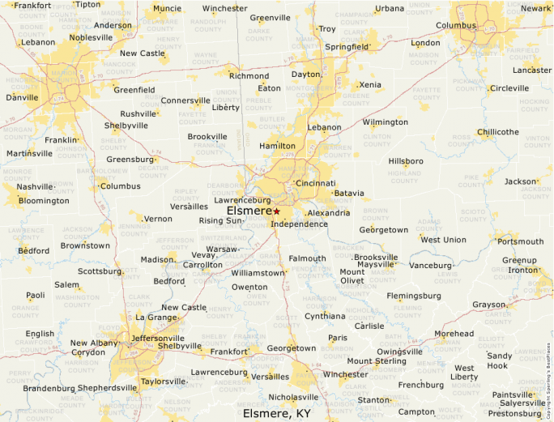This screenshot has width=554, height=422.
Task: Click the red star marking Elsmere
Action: (x=276, y=211)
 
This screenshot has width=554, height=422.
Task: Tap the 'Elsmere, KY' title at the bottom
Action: (x=277, y=413)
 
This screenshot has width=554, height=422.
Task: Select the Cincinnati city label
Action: (x=315, y=183)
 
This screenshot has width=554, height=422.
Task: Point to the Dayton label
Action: (x=306, y=75)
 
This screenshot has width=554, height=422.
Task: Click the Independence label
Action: (x=300, y=224)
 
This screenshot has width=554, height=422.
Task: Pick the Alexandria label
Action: (x=328, y=213)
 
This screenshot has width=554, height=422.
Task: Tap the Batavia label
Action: (x=349, y=194)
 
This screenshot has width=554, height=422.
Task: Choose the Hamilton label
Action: (x=277, y=146)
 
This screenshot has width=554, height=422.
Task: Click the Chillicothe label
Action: (x=498, y=132)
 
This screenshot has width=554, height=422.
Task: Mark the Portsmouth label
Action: (x=521, y=241)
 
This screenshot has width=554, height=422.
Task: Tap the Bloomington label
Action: (x=44, y=201)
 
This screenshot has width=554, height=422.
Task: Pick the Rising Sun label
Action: (x=220, y=220)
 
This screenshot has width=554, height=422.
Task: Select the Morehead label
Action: (x=454, y=334)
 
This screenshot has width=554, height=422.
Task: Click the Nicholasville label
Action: (x=294, y=397)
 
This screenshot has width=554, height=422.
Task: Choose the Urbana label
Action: (x=389, y=9)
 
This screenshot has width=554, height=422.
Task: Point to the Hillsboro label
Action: (x=406, y=161)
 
